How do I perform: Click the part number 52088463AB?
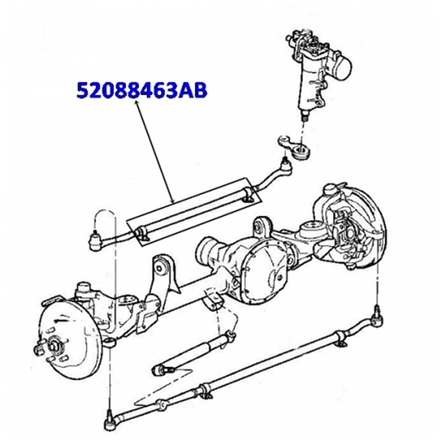click(x=142, y=90)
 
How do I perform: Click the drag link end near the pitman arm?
click(x=284, y=168)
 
